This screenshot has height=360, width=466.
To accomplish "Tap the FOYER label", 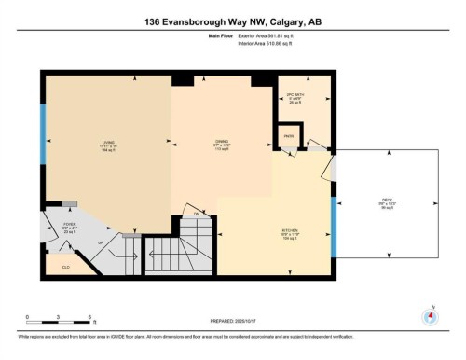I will point(68,227).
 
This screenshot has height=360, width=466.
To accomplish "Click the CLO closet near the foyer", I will point(65,268).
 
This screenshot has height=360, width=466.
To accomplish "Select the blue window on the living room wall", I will point(43,133).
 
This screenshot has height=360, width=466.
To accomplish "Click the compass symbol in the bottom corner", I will point(430,316).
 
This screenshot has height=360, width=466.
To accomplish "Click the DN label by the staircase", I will point(197,215).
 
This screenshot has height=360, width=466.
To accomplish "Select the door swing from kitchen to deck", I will point(326,172).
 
